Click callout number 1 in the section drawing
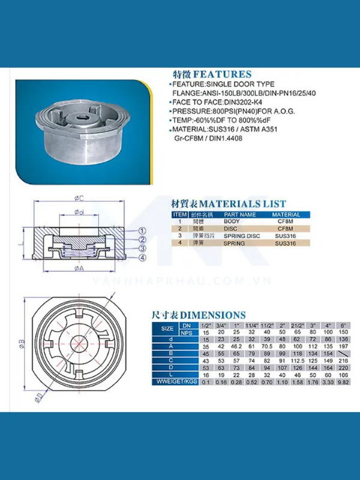(143, 230)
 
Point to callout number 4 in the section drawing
(143, 258)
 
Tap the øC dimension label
(79, 197)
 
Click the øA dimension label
(79, 269)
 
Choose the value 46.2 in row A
(236, 346)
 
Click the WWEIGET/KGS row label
(175, 381)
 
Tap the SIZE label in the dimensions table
(167, 328)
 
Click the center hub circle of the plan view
(80, 344)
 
